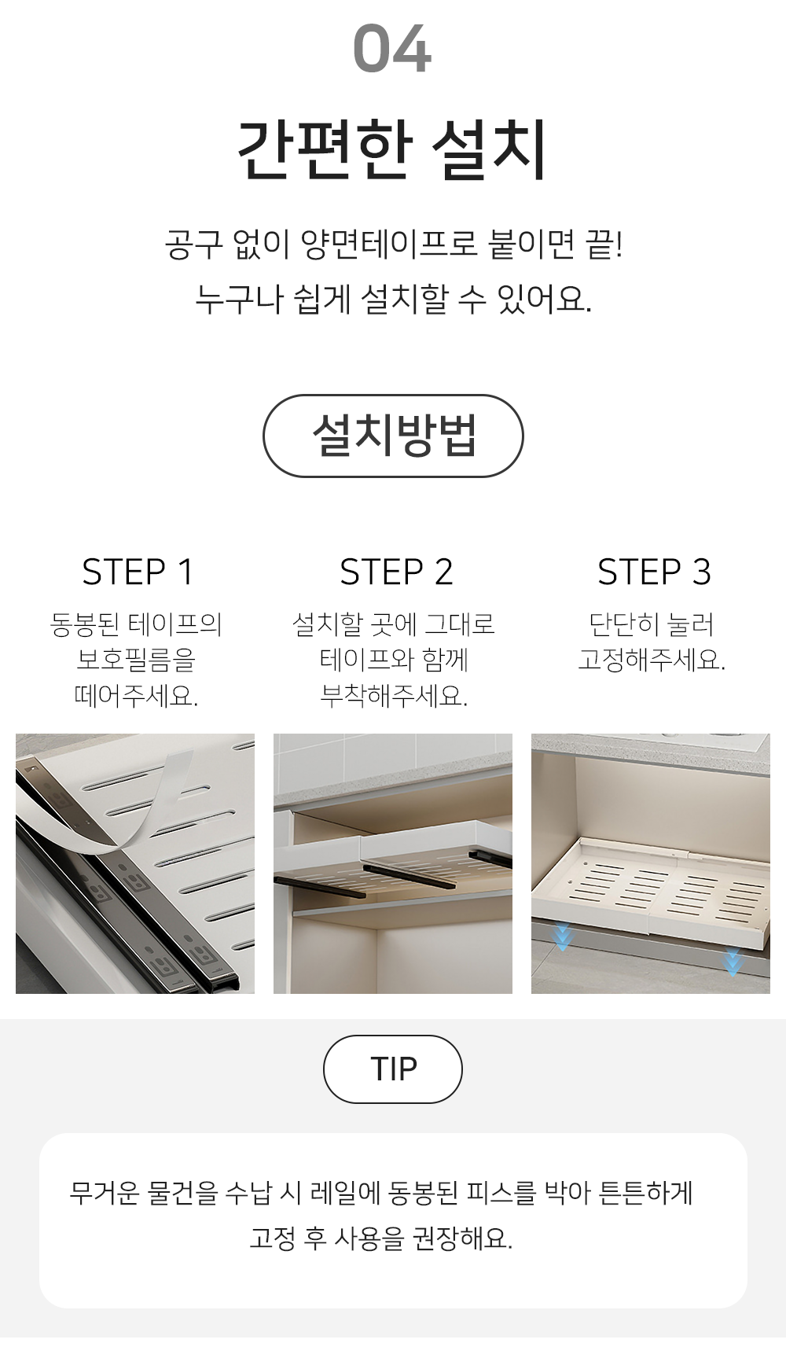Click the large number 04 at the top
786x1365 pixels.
(392, 50)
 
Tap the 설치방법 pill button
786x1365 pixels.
(393, 436)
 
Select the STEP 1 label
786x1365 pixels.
(138, 572)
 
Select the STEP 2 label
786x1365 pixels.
(396, 572)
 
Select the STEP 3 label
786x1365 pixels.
(654, 572)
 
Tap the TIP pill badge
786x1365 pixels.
(393, 1069)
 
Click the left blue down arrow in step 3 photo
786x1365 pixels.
(562, 937)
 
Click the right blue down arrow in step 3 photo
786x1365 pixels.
(733, 961)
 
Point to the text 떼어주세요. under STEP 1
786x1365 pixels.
(136, 695)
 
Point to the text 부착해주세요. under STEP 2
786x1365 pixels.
(394, 695)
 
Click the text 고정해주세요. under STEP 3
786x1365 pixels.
(652, 659)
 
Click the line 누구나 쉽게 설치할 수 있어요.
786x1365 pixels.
(393, 299)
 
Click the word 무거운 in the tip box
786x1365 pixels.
(105, 1193)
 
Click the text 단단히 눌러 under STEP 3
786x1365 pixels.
(652, 624)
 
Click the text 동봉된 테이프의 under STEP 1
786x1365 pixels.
(136, 624)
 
